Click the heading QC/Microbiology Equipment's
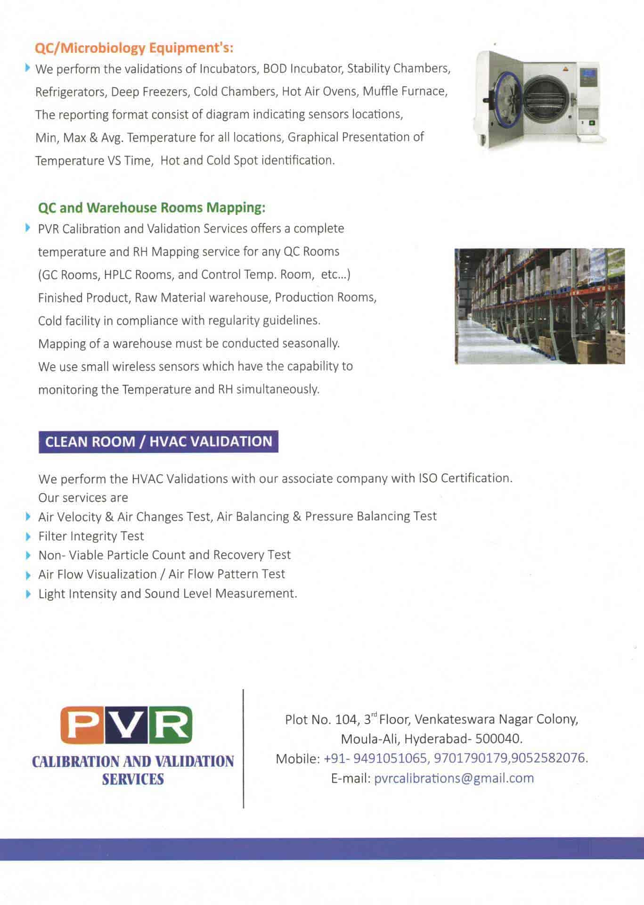tap(134, 48)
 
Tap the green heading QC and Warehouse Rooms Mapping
tap(152, 207)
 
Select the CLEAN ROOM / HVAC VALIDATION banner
tap(158, 442)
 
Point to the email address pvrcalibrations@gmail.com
tap(454, 778)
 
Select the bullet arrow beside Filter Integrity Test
tap(29, 536)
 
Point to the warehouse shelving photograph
tap(540, 306)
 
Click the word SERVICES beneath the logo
tap(133, 779)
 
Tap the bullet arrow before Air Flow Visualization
tap(29, 575)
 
